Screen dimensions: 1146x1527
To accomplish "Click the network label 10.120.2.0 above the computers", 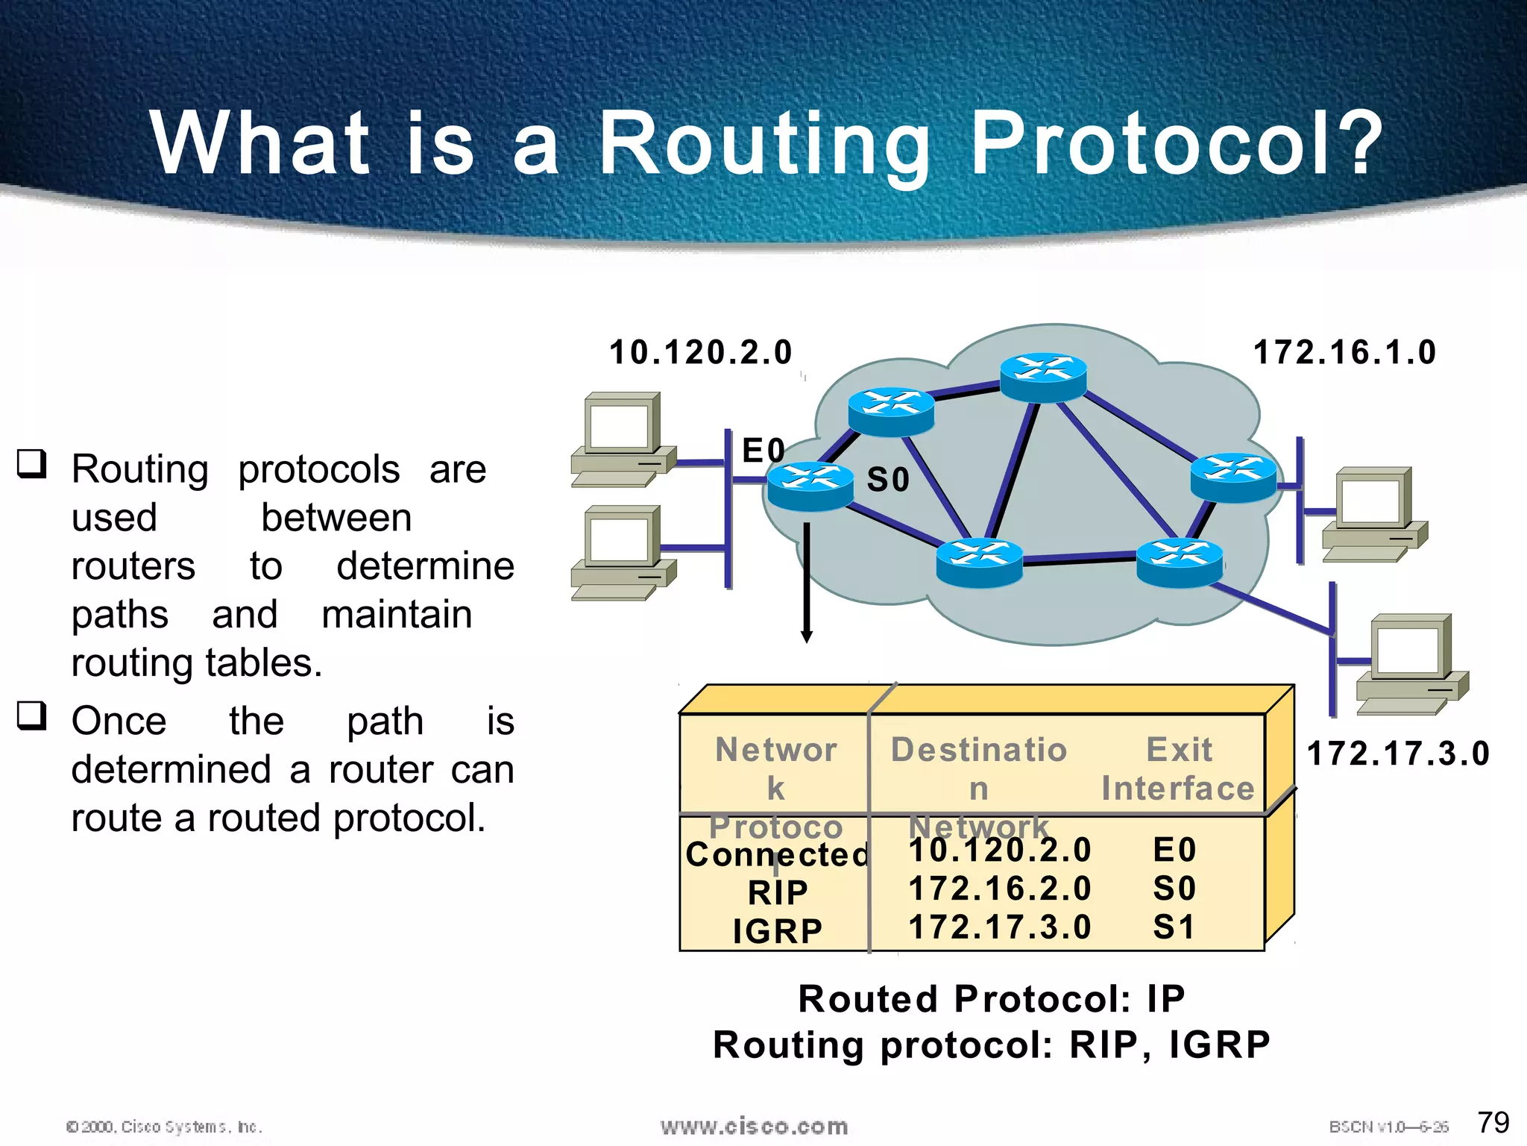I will coord(700,352).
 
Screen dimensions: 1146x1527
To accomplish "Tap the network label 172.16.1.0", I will coord(1344,352).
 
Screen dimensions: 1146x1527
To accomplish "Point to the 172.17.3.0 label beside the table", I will coord(1398,754).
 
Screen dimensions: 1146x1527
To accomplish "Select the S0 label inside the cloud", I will coord(888,480).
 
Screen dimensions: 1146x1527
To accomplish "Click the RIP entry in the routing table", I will coord(778,892).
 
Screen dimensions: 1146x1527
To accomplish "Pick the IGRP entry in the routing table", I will coord(778,931).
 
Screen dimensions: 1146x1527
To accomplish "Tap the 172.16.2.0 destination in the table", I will coord(1000,889).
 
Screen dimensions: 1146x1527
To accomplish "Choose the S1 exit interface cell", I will coord(1174,927).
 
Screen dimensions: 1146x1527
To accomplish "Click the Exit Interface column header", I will coord(1178,768).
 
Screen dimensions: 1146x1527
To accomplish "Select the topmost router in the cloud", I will coord(1043,376).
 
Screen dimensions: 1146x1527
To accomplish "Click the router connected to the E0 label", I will coord(810,486).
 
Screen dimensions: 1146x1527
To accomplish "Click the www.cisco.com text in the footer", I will coord(754,1126).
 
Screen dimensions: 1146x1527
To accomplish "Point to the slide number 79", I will coord(1493,1121).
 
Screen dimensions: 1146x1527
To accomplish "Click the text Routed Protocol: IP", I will coord(991,999).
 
